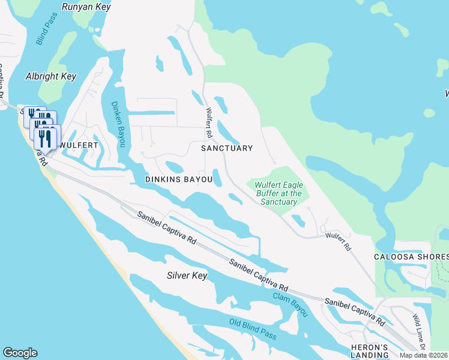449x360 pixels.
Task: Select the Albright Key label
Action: point(51,76)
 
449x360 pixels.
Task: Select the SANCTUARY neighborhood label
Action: point(226,148)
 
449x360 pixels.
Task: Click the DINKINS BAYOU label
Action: point(179,179)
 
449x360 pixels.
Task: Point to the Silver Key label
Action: point(187,275)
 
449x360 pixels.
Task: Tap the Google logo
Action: point(20,352)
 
